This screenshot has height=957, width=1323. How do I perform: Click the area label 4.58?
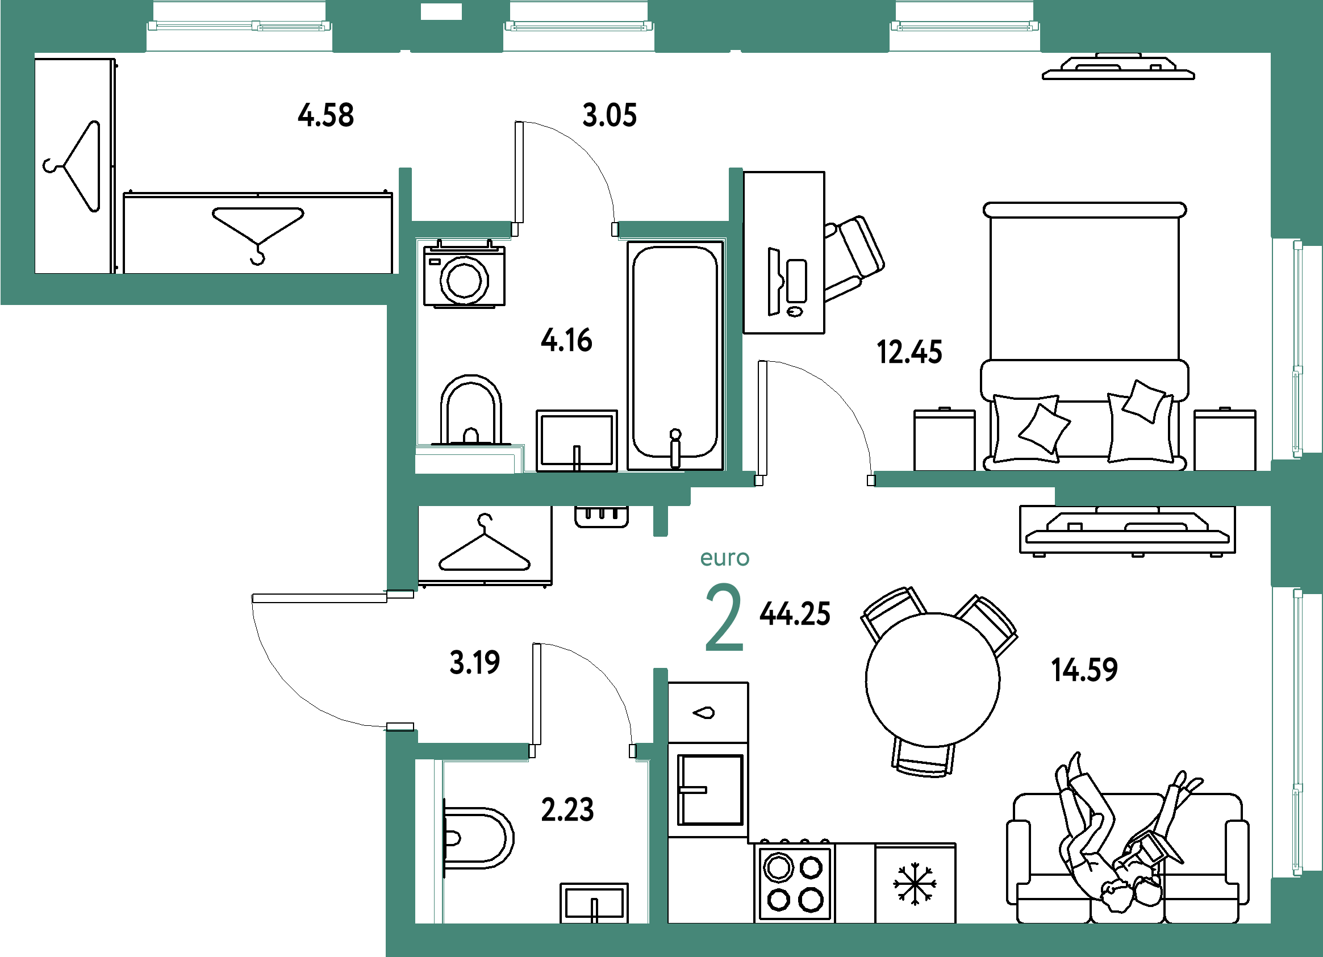click(325, 115)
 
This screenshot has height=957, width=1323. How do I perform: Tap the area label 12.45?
click(909, 352)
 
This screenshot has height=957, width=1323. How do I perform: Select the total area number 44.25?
click(795, 614)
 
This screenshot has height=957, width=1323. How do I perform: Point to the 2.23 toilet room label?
click(567, 809)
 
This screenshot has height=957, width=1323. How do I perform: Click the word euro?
click(724, 558)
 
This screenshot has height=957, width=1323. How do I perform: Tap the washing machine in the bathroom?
click(464, 274)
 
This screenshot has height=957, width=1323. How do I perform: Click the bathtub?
click(675, 356)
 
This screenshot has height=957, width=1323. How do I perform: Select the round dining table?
click(932, 679)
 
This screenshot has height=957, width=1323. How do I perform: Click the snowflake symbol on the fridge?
click(915, 885)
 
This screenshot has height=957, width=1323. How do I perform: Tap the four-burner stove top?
click(795, 882)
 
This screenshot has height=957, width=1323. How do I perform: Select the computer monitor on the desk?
click(774, 282)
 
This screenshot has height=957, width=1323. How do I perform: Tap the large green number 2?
click(724, 617)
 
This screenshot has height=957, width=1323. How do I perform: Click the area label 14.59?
click(1084, 670)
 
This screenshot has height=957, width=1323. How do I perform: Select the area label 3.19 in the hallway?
click(474, 663)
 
